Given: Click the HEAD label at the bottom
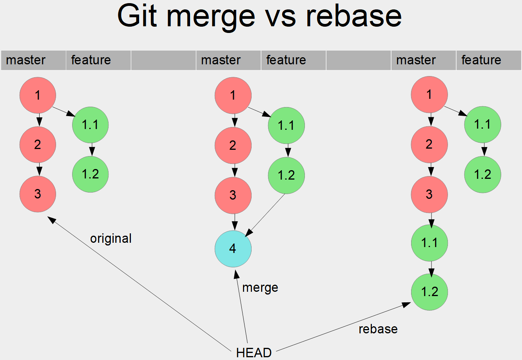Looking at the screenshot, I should tap(254, 352).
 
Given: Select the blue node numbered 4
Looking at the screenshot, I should tap(233, 249).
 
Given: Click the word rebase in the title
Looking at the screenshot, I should tap(353, 16).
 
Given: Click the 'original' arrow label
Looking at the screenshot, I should tap(111, 238).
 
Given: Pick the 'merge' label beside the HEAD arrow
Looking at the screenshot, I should tap(260, 287).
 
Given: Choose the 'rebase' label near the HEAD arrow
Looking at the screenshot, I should tap(378, 329).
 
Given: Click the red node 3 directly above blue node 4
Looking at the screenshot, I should tap(233, 195).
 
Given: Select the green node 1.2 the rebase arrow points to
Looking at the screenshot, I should tap(429, 292).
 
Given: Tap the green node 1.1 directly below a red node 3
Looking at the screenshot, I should tap(429, 243).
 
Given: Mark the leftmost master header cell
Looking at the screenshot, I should tap(33, 60).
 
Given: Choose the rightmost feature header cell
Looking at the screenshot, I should tap(488, 60).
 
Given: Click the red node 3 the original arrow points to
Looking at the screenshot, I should tap(38, 194).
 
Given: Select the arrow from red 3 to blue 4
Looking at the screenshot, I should tap(234, 222).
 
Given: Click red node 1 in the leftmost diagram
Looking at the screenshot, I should tap(38, 95).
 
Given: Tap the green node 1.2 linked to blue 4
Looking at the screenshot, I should tap(286, 175).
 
